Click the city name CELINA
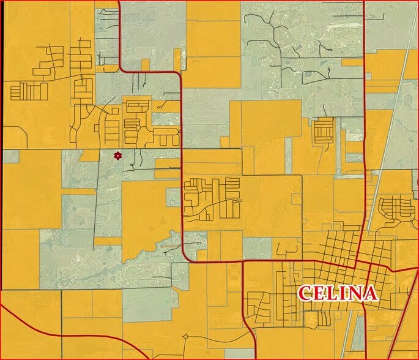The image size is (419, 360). pyautogui.click(x=337, y=293)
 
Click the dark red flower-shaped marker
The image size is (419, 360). pyautogui.click(x=117, y=156)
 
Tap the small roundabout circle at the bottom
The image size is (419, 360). pyautogui.click(x=185, y=336)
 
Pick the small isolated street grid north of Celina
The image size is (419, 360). pyautogui.click(x=322, y=130)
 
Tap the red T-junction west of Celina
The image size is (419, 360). pyautogui.click(x=243, y=262)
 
